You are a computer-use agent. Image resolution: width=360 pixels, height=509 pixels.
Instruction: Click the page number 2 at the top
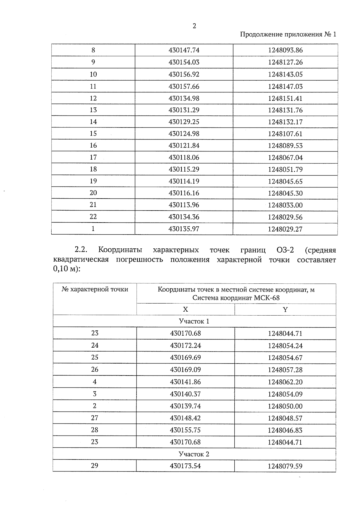point(194,26)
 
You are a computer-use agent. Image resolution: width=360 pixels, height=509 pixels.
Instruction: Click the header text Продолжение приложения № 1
point(288,34)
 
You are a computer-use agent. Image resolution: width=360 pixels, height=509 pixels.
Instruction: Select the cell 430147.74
point(184,50)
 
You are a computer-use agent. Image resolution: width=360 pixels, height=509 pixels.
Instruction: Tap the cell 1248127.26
point(285,62)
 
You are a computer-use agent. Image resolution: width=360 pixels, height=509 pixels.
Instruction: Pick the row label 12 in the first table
point(93,98)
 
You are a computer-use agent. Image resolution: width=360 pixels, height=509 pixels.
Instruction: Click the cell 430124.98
point(184,133)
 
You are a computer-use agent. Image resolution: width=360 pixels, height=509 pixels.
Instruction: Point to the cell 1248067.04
point(285,157)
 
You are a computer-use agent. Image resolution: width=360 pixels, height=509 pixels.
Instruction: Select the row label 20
point(93,193)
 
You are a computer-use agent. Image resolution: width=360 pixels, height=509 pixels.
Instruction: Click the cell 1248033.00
point(285,205)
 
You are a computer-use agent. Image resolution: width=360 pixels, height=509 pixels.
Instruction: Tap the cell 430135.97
point(184,229)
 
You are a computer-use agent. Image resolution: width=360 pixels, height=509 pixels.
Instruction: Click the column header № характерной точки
point(95,289)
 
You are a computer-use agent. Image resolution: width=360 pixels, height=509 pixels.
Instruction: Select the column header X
point(185,310)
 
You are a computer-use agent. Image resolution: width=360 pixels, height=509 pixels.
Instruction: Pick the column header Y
point(285,310)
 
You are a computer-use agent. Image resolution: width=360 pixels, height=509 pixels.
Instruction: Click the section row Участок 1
point(194,321)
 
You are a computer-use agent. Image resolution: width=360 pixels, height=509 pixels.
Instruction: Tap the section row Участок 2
point(194,454)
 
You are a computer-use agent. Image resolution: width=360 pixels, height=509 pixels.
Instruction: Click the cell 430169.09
point(185,370)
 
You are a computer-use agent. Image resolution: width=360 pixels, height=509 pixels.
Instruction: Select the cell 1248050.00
point(285,406)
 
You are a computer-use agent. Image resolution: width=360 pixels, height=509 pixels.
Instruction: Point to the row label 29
point(94,466)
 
